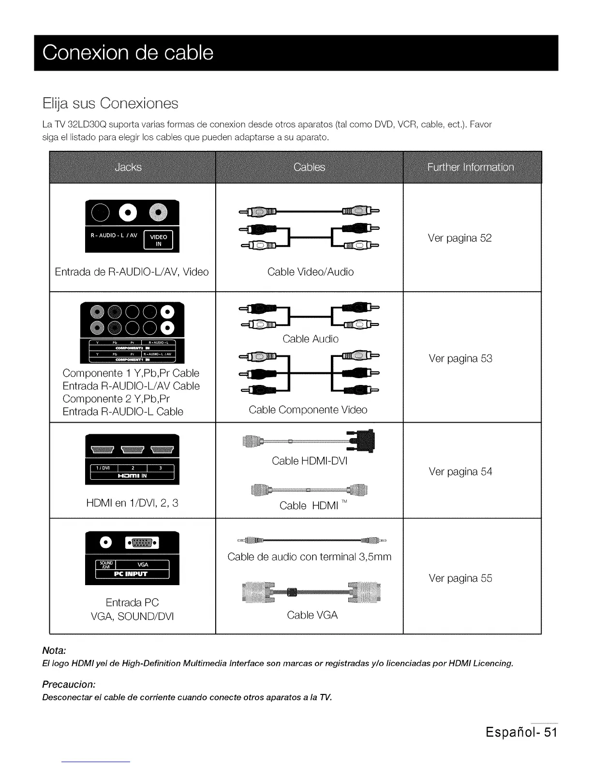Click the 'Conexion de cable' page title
pos(128,53)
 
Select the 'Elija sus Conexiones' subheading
pos(110,103)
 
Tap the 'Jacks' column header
pos(128,167)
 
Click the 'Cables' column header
pos(309,167)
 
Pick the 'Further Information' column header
pos(471,167)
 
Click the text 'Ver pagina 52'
pos(459,238)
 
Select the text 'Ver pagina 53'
pos(460,358)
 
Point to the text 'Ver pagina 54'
pos(460,471)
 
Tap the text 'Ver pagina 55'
pos(460,578)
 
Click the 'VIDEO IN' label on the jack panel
pos(159,240)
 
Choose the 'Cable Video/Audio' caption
pos(311,272)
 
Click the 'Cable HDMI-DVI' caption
pos(310,461)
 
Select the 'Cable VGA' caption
pos(312,615)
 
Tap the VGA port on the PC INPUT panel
pos(140,543)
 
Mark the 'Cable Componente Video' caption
pos(308,410)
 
